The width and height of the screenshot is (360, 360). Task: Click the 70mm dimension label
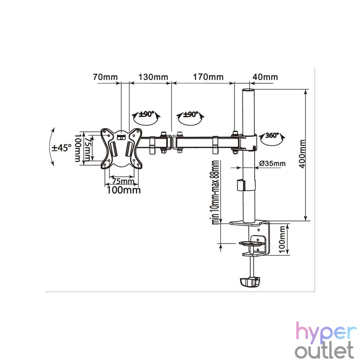click(105, 76)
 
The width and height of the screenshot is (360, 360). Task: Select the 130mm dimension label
click(153, 76)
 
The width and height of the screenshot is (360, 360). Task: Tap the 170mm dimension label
click(208, 76)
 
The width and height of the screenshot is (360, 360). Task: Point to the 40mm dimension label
click(265, 76)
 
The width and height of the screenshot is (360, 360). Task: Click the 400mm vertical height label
click(302, 154)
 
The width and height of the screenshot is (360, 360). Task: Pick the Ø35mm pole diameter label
click(273, 163)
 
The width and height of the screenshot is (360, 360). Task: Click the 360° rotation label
click(272, 135)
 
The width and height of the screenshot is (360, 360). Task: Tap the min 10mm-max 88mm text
click(215, 192)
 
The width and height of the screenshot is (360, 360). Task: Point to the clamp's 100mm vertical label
click(282, 239)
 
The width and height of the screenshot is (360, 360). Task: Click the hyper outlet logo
click(325, 340)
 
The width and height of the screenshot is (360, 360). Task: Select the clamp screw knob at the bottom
click(250, 282)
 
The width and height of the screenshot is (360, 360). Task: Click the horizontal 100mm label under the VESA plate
click(124, 190)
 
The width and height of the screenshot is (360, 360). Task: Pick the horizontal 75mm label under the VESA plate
click(123, 181)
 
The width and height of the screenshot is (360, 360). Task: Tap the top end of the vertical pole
click(249, 90)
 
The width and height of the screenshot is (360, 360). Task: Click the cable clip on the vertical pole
click(241, 185)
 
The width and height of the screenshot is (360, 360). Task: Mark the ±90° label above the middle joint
click(190, 114)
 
